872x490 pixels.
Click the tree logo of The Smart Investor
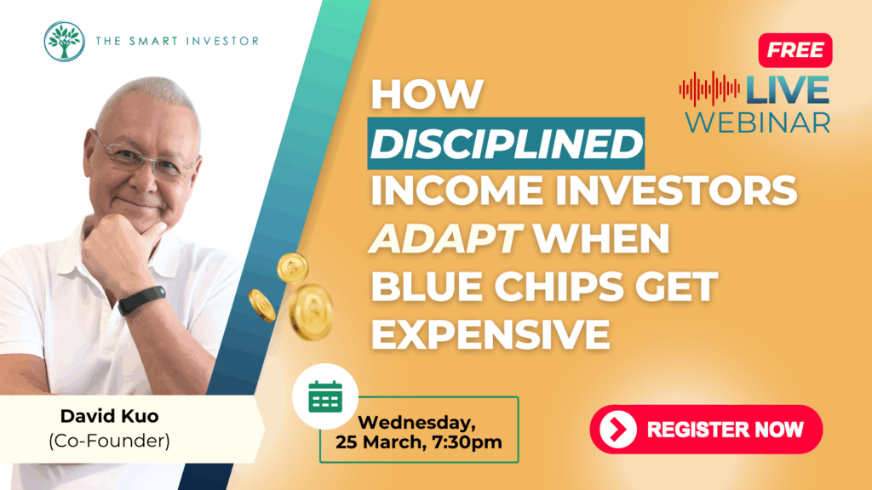tap(65, 41)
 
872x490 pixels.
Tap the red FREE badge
tap(795, 50)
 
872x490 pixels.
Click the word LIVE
tap(787, 90)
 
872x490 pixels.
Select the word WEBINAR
tap(757, 122)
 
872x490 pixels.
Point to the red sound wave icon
tap(709, 88)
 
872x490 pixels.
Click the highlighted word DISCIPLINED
tap(506, 143)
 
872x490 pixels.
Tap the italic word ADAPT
tap(445, 239)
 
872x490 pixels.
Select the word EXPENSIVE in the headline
tap(490, 334)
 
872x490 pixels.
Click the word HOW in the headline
tap(427, 94)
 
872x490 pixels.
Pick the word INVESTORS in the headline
tap(675, 191)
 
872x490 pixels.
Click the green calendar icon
tap(325, 396)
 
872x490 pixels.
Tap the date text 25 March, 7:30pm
tap(419, 442)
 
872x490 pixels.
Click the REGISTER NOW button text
tap(726, 430)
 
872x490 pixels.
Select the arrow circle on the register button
tap(618, 430)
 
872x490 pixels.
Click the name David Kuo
tap(110, 416)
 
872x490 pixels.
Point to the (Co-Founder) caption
tap(110, 441)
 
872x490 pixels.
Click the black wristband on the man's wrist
tap(141, 300)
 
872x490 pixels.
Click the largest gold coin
tap(312, 311)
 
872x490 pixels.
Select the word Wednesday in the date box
tap(416, 423)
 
